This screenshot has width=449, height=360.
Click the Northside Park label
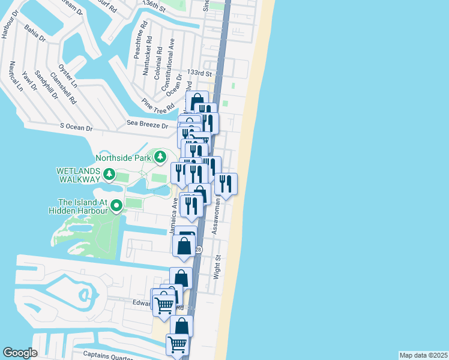coord(124,158)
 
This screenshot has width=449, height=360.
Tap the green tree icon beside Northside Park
coord(160,158)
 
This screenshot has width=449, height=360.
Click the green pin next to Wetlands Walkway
coord(109,175)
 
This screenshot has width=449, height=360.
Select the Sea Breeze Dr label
coord(147,125)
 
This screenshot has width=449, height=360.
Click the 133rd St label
coord(200,73)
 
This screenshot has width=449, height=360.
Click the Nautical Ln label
coord(14,77)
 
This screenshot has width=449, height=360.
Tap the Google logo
coord(20,353)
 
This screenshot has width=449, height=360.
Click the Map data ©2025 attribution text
coord(424,355)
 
